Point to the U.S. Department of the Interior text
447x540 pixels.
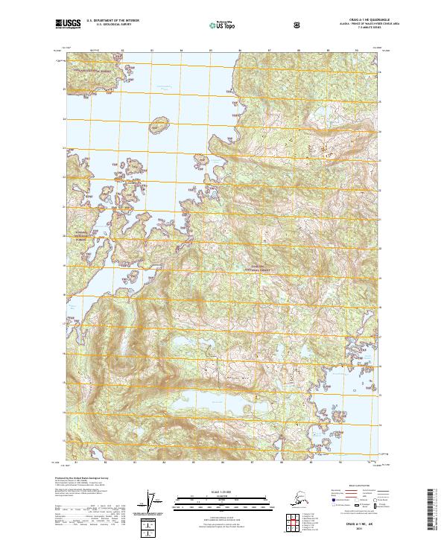[x=112, y=21]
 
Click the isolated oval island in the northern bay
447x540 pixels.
[x=157, y=123]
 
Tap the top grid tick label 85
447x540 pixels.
[x=211, y=51]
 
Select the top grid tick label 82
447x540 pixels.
[x=123, y=51]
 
